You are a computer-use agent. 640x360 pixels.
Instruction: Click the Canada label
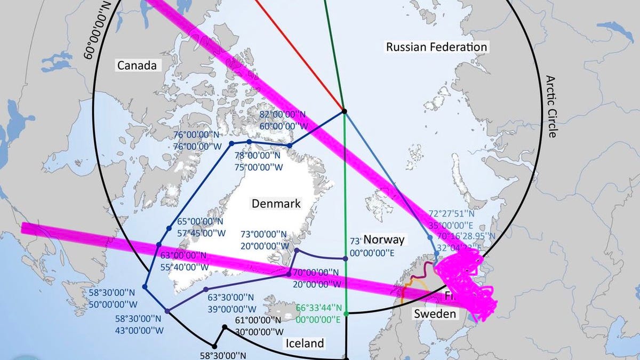[x=137, y=66]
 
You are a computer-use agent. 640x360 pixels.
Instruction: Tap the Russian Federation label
[x=436, y=47]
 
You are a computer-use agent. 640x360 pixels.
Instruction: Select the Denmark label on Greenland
[x=276, y=203]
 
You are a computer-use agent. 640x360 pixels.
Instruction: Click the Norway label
[x=384, y=239]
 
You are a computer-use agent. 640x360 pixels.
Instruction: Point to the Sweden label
[x=435, y=314]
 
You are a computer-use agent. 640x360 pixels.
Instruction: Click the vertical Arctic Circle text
[x=551, y=106]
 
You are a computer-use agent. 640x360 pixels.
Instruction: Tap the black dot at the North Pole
[x=344, y=111]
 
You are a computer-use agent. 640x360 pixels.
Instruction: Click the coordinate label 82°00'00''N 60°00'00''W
[x=283, y=121]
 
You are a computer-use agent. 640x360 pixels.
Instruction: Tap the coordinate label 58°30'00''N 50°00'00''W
[x=115, y=298]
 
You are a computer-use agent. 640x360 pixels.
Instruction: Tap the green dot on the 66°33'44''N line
[x=346, y=314]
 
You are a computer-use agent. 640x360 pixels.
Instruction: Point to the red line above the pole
[x=299, y=53]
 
